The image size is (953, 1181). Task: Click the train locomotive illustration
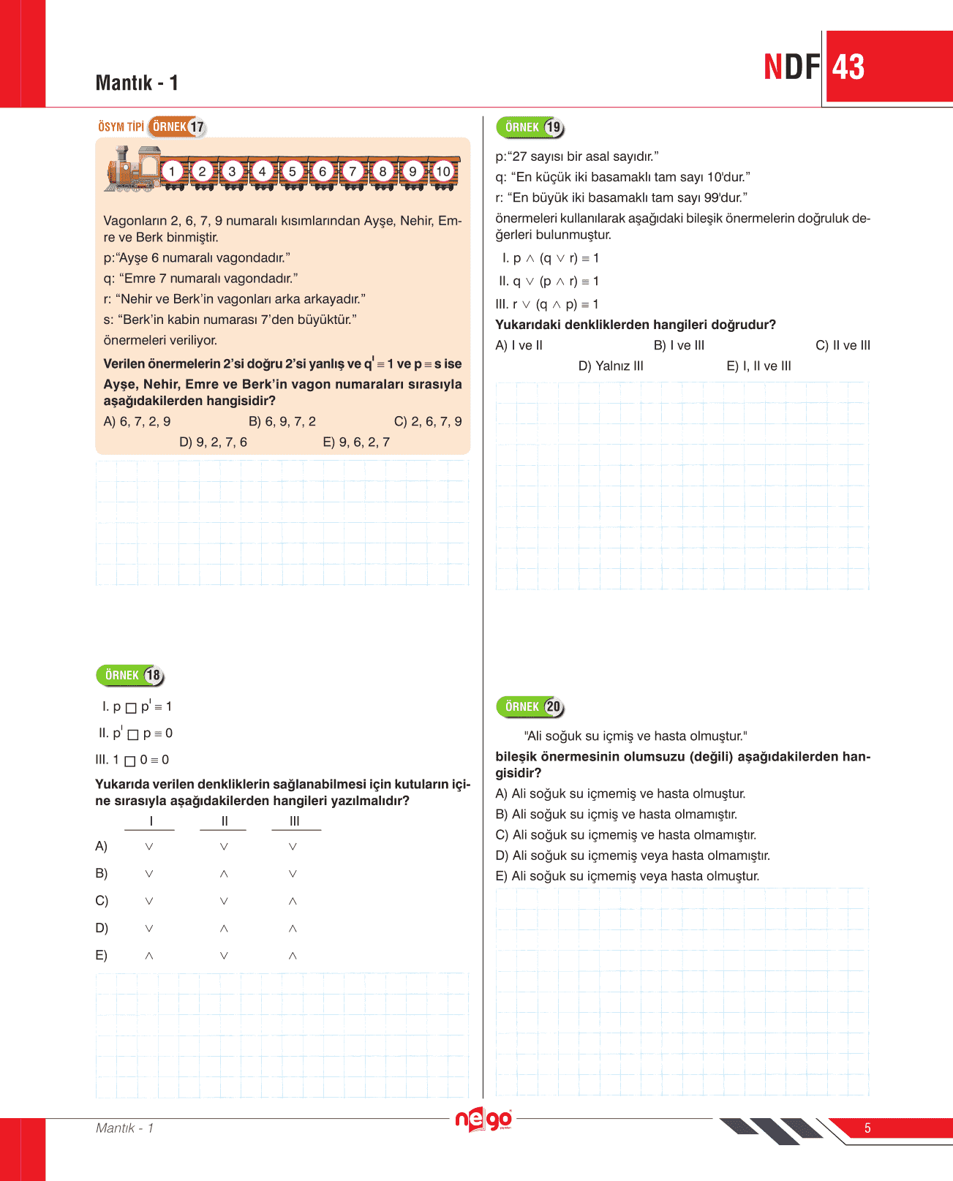(132, 170)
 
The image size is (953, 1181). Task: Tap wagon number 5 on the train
(293, 172)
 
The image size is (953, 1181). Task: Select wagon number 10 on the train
(443, 172)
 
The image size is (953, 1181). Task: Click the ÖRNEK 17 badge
(178, 127)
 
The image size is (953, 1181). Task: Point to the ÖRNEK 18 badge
(131, 675)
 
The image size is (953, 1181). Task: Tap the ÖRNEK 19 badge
(531, 127)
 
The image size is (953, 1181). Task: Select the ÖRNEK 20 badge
(531, 707)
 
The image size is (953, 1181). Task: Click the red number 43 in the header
(848, 67)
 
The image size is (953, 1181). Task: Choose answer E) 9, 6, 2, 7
(356, 442)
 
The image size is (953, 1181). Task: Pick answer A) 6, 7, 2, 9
(138, 422)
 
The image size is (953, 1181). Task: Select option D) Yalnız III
(611, 366)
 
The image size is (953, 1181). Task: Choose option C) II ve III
(843, 346)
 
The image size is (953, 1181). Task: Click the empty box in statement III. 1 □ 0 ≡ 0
(130, 761)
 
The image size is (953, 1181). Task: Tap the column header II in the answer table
(225, 821)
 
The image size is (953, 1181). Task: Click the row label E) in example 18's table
(102, 956)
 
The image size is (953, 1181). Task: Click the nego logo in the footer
(483, 1120)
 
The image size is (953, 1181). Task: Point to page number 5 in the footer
(867, 1128)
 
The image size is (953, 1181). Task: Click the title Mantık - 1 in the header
(137, 83)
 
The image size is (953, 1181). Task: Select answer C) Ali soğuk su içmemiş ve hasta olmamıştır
(626, 835)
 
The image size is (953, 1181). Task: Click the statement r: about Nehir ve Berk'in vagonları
(234, 299)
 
